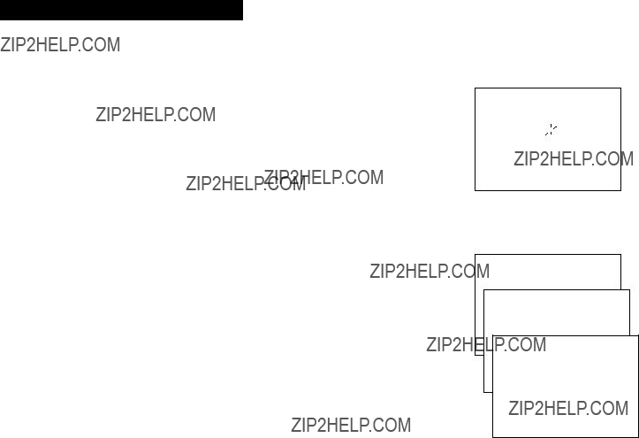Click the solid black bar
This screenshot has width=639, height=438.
coord(121,10)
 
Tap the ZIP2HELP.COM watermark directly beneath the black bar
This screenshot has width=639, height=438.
coord(60,45)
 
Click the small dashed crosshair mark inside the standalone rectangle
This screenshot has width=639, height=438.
coord(551,130)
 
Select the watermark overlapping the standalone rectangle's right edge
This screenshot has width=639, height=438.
coord(574,159)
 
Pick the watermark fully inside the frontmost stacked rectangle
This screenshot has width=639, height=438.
coord(568,408)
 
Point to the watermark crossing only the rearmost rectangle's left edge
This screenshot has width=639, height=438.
coord(430,271)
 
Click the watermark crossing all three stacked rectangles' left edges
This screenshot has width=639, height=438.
coord(486,344)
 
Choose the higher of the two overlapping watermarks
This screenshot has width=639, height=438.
coord(324,177)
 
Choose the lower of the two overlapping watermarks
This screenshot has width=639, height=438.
coord(246,183)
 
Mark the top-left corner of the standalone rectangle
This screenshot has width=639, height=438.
coord(475,88)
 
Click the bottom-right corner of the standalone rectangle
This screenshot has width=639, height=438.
coord(620,190)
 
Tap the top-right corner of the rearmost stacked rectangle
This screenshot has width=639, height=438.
coord(620,255)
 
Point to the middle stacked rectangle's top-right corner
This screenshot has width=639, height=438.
coord(629,290)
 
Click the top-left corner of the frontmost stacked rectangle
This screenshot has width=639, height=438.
coord(492,335)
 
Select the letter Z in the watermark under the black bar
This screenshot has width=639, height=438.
coord(5,45)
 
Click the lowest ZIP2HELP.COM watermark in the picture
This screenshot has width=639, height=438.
coord(351,425)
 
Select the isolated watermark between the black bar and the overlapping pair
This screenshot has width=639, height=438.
coord(156,115)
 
